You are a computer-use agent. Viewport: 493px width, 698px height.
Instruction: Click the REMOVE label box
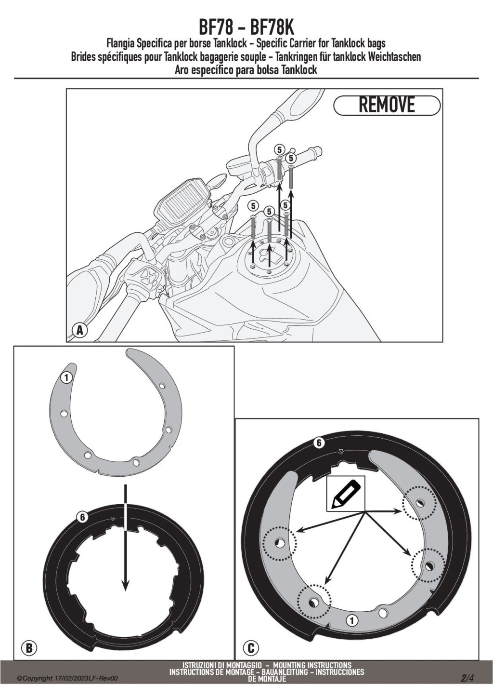point(387,105)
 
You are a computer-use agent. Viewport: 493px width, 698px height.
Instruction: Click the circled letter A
point(80,330)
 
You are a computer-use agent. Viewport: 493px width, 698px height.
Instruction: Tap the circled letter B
point(29,647)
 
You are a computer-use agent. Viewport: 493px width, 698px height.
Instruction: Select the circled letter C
point(251,647)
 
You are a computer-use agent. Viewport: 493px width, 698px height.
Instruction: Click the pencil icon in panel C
point(346,494)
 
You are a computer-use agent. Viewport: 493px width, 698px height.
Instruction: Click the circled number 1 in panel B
point(66,377)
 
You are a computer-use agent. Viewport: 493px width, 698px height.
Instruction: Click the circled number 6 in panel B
point(82,517)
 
